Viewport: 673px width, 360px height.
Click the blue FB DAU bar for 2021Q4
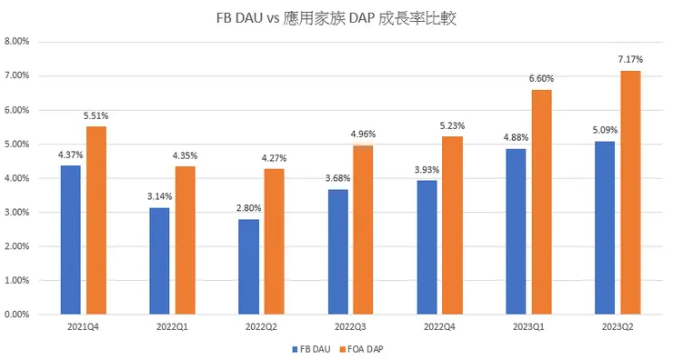[x=71, y=240]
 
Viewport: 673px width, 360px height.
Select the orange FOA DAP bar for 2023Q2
[x=629, y=193]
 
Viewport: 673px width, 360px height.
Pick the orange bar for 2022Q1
[x=185, y=240]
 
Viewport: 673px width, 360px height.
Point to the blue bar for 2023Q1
[x=516, y=232]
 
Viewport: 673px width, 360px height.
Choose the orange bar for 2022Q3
[x=363, y=230]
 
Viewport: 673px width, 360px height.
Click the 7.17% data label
[x=630, y=59]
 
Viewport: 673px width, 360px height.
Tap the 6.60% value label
[x=541, y=78]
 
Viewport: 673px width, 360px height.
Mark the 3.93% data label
[x=427, y=169]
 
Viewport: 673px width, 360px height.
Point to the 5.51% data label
[x=96, y=115]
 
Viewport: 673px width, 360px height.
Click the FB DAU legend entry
[x=312, y=348]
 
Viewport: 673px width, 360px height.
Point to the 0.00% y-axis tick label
[x=18, y=315]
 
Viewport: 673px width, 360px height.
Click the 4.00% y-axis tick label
[x=18, y=178]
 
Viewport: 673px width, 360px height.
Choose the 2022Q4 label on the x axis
[x=439, y=325]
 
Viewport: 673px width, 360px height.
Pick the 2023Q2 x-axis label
[x=618, y=325]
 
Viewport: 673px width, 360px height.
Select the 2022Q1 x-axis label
[x=172, y=325]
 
